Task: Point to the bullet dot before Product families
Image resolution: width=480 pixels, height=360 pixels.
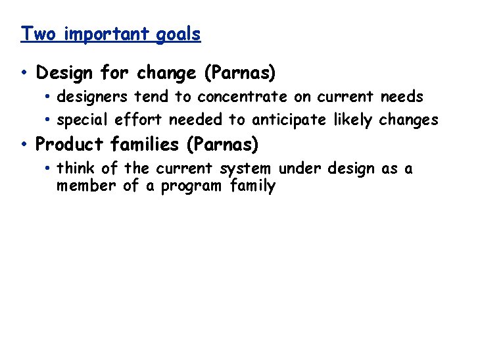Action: coord(24,144)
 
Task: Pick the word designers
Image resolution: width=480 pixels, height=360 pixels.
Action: coord(93,97)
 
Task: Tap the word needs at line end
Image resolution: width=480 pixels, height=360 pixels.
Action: coord(402,97)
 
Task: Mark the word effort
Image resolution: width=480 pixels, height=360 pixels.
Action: coord(139,120)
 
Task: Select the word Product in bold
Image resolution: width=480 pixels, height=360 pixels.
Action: coord(67,144)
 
